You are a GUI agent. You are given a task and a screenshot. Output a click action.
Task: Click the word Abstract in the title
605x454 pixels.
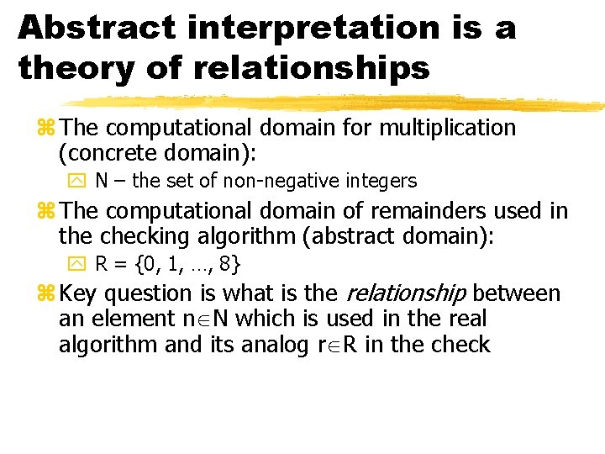pos(96,29)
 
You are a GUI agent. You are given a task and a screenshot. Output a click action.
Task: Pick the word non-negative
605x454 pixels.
pos(292,181)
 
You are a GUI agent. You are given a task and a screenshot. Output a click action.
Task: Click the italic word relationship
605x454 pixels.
pos(406,293)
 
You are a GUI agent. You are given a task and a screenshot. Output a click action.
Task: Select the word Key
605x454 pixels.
pos(80,293)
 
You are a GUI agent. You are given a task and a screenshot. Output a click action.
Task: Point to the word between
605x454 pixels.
pos(517,293)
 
